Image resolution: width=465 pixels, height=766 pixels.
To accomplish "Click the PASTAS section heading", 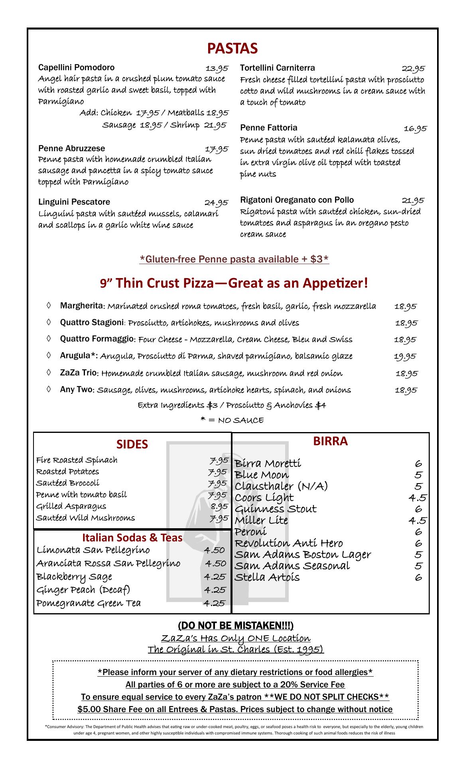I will [x=232, y=49].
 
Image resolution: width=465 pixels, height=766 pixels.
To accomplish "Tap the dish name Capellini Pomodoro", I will [x=76, y=67].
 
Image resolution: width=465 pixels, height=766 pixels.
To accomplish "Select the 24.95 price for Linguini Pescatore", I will [x=216, y=203].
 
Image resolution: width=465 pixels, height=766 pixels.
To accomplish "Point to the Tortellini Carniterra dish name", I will [x=277, y=68].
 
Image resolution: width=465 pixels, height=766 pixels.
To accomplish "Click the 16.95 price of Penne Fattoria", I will [x=415, y=128].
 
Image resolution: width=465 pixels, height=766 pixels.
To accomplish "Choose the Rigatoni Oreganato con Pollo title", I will [x=297, y=200].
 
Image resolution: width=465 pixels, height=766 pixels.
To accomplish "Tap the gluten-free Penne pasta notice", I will [x=234, y=259].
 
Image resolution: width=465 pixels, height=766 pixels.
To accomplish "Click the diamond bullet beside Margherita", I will [x=49, y=306].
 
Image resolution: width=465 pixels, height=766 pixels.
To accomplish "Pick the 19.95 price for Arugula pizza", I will [x=405, y=356].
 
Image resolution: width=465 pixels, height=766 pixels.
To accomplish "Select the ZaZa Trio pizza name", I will [x=78, y=373].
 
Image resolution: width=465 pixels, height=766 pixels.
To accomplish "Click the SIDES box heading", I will [x=132, y=444].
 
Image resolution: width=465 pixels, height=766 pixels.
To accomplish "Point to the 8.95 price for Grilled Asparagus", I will [x=219, y=506].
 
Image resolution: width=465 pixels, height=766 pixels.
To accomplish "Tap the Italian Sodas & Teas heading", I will [x=132, y=538].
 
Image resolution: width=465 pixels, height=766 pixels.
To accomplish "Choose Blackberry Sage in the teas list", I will [x=74, y=577].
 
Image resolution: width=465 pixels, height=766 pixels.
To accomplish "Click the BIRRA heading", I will [x=330, y=441].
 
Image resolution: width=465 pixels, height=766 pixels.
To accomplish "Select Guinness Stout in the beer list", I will [x=275, y=509].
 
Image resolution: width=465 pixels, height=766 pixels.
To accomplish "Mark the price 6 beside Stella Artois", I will [x=418, y=577].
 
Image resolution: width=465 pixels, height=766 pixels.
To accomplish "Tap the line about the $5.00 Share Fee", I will [x=235, y=709].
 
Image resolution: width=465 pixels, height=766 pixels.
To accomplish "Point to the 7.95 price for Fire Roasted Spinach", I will [x=219, y=460].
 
